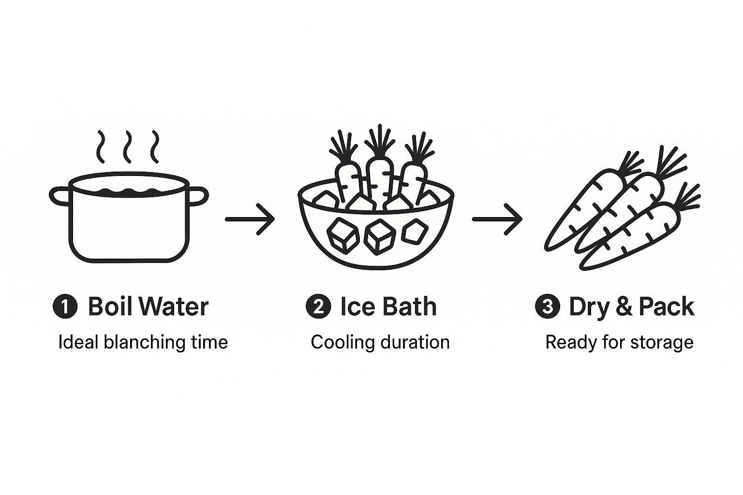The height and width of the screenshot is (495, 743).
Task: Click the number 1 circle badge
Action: pyautogui.click(x=65, y=307)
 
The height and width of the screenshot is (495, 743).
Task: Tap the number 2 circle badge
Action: pyautogui.click(x=318, y=307)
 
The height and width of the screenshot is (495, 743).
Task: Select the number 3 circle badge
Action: pyautogui.click(x=548, y=307)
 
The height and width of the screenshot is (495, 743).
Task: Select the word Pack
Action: pyautogui.click(x=666, y=306)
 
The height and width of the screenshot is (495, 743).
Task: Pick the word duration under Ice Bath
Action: pyautogui.click(x=415, y=342)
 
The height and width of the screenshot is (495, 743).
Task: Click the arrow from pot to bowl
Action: pyautogui.click(x=250, y=219)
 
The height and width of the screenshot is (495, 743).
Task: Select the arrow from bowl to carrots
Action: pyautogui.click(x=497, y=219)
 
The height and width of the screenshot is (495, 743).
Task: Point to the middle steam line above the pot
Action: pyautogui.click(x=128, y=146)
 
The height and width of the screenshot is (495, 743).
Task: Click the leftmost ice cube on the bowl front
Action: pyautogui.click(x=342, y=235)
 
